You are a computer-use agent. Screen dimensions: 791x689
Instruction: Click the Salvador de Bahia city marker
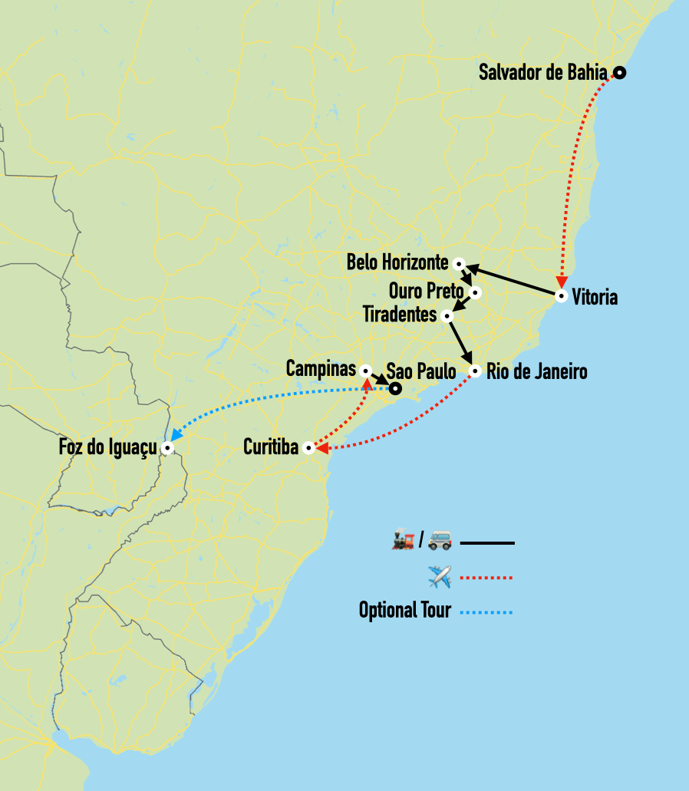(x=619, y=73)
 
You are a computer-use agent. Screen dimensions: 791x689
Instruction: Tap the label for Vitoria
(x=595, y=297)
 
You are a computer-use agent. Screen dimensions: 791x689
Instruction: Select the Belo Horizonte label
(x=397, y=262)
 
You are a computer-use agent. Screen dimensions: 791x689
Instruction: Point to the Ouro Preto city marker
(x=476, y=292)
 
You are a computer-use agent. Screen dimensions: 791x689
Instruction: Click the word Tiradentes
(x=399, y=315)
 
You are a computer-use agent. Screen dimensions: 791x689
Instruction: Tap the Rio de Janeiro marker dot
(x=475, y=371)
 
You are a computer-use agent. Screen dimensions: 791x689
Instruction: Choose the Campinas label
(x=321, y=369)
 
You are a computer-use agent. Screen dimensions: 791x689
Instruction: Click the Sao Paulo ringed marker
(x=394, y=389)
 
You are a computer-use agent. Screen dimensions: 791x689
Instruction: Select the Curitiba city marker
(x=308, y=448)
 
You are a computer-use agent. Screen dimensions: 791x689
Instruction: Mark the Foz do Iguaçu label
(x=107, y=447)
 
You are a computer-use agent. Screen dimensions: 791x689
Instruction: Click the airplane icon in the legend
(x=440, y=576)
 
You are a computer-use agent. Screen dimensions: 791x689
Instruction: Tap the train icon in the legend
(x=404, y=542)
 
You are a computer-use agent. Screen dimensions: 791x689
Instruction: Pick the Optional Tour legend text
(x=404, y=611)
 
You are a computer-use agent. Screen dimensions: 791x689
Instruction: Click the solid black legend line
(x=487, y=543)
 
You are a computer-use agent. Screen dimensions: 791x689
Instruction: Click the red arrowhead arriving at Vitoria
(x=562, y=281)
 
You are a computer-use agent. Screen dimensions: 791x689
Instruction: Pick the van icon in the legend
(x=439, y=542)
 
